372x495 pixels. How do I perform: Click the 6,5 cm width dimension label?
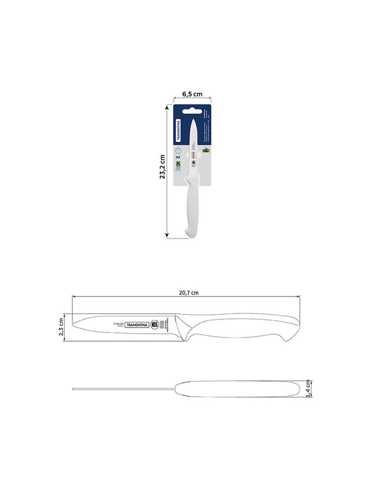(192, 94)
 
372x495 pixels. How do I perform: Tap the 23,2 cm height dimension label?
(162, 167)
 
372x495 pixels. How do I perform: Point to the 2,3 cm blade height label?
(63, 326)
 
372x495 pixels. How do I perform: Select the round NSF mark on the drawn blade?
(154, 325)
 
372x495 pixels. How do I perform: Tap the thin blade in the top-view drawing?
(124, 389)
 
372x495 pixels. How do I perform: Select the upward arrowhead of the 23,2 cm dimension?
(167, 106)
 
